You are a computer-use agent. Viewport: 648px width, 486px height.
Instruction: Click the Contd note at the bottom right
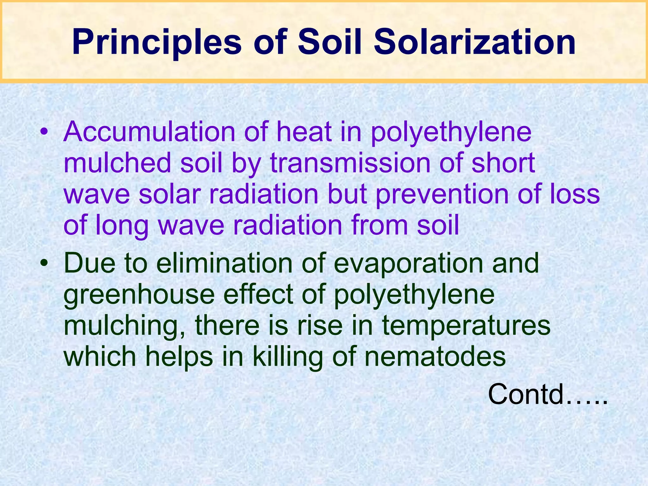click(547, 394)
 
